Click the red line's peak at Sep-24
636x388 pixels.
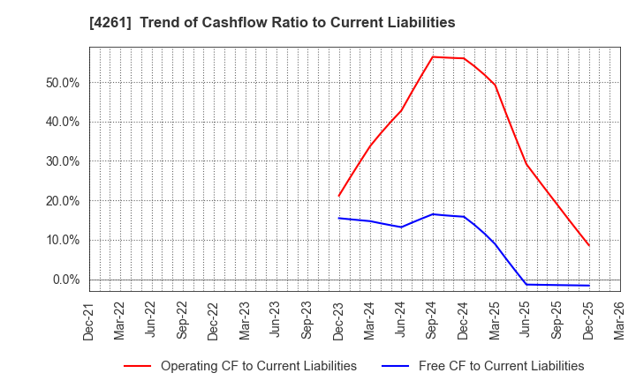pos(433,56)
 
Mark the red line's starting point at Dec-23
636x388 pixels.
pos(339,196)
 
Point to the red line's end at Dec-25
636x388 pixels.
pos(588,245)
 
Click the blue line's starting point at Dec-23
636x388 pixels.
pos(339,218)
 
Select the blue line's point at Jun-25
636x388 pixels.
pos(526,284)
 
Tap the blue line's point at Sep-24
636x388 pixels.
pos(433,214)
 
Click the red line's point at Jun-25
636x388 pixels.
pos(526,164)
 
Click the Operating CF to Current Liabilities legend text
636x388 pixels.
pos(259,366)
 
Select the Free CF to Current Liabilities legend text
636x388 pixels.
pos(501,366)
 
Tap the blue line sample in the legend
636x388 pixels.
pos(394,366)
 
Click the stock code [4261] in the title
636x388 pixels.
pos(106,22)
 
